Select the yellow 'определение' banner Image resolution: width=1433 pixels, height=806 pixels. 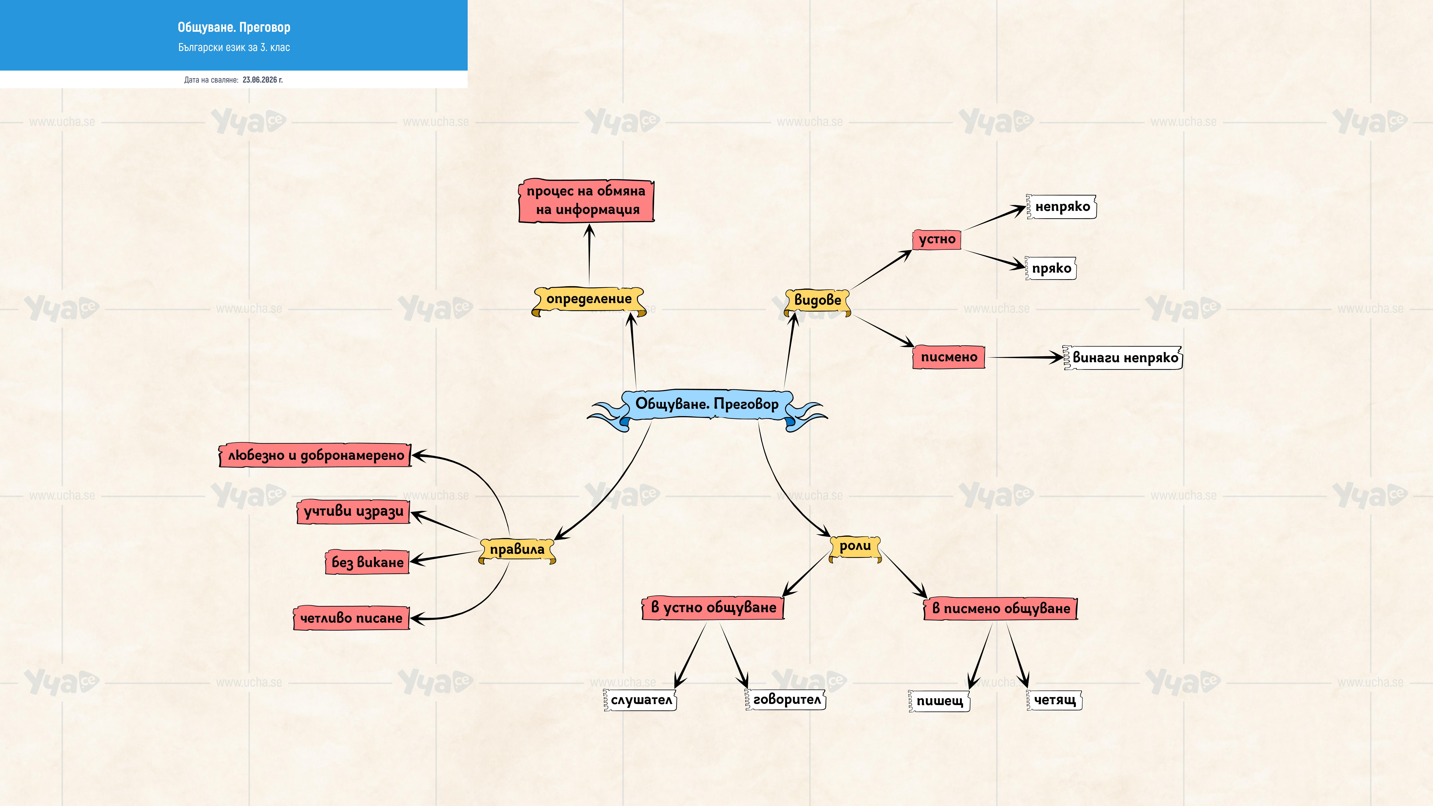pyautogui.click(x=589, y=300)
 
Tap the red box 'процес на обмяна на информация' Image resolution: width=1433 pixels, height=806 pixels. pyautogui.click(x=586, y=200)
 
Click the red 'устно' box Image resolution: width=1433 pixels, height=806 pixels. pyautogui.click(x=937, y=240)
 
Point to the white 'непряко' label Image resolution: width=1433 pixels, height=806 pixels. pyautogui.click(x=1061, y=207)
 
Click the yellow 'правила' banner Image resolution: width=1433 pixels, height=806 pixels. pyautogui.click(x=517, y=550)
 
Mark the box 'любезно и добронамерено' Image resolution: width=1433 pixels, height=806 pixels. pyautogui.click(x=315, y=456)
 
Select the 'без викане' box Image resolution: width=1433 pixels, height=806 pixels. pyautogui.click(x=367, y=562)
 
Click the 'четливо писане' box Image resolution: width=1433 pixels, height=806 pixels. pyautogui.click(x=352, y=618)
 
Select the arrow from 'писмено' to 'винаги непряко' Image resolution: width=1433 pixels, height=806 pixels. pyautogui.click(x=1025, y=358)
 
